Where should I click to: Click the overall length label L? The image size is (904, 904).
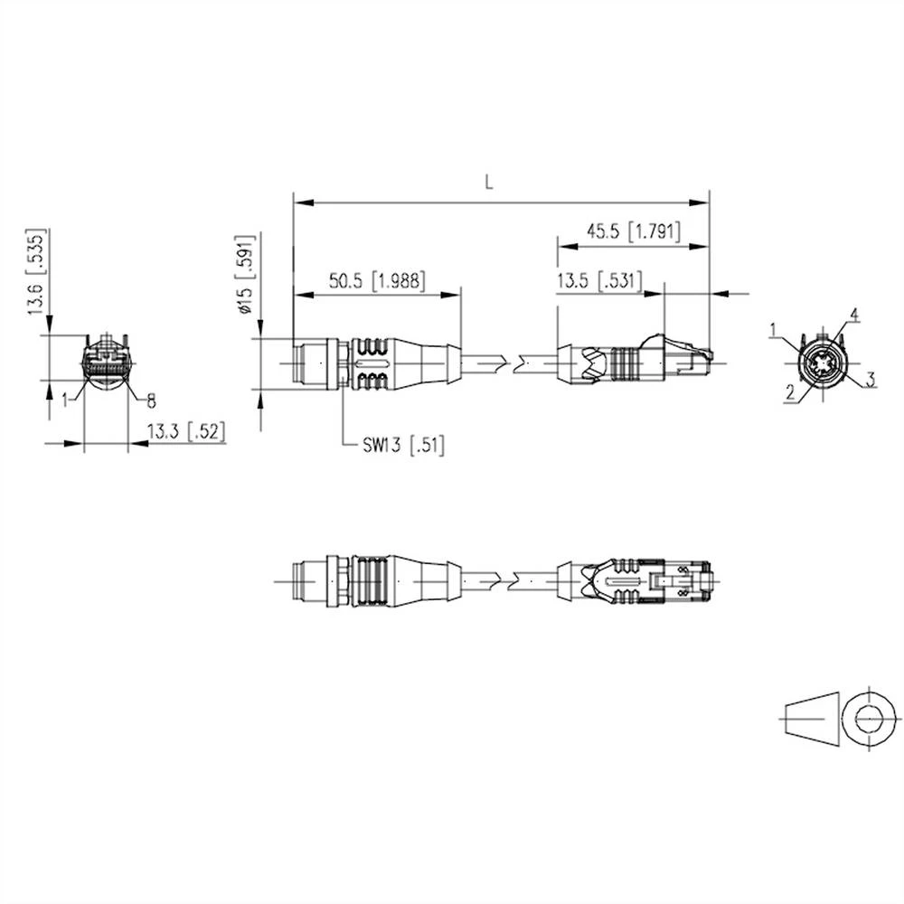click(x=489, y=182)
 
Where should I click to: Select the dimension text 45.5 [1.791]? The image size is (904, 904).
click(x=632, y=231)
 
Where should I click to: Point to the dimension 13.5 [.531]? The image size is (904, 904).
click(x=598, y=281)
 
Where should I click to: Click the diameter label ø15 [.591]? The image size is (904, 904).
click(x=243, y=275)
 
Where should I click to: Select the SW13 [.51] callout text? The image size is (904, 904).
click(x=404, y=445)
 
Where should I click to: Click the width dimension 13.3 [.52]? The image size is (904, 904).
click(x=186, y=433)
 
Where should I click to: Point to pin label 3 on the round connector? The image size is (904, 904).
click(x=870, y=380)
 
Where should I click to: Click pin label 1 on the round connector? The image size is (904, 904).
click(x=775, y=329)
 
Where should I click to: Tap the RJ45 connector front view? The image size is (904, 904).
click(x=106, y=365)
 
